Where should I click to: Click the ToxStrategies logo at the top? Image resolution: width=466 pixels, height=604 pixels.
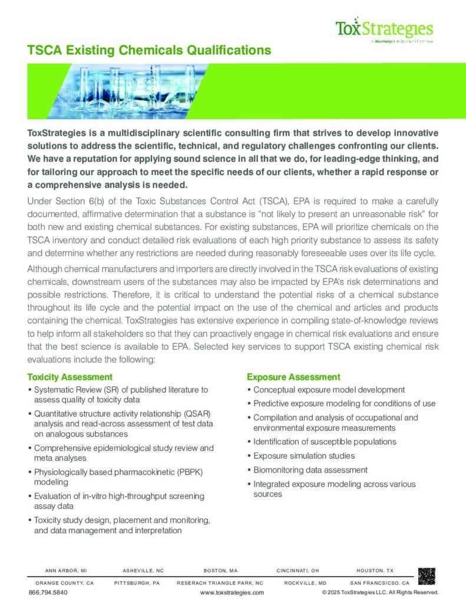tap(384, 29)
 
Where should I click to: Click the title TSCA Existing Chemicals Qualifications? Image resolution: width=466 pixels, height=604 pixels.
tap(149, 51)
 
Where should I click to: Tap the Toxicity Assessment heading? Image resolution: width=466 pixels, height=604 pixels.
tap(70, 376)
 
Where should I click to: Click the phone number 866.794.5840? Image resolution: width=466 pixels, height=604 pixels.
tap(48, 592)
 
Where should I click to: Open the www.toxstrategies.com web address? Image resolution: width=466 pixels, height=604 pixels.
tap(232, 592)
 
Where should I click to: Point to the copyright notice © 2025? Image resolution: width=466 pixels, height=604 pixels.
tap(381, 592)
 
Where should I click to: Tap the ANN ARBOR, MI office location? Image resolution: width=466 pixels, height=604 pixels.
tap(66, 571)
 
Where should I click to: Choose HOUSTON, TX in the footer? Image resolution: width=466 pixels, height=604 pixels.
tap(375, 571)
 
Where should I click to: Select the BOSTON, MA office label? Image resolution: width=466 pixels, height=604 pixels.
tap(220, 571)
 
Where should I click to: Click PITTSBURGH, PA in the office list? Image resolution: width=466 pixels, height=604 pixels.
tap(137, 582)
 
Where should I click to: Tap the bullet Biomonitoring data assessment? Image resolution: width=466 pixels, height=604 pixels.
tap(310, 470)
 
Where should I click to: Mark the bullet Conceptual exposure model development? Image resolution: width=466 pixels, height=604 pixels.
tap(329, 390)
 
